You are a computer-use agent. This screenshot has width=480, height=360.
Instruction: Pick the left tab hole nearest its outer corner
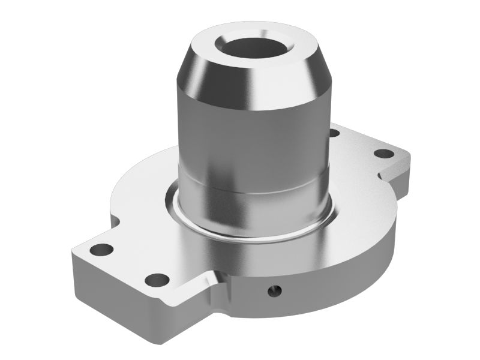pos(101,249)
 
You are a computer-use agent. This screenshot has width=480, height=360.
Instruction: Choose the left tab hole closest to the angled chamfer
pos(157,279)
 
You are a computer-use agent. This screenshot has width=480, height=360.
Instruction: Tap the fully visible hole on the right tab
pos(383,153)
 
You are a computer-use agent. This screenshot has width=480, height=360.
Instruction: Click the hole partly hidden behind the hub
pos(334,133)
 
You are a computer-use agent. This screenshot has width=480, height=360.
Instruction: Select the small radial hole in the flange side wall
pos(274,292)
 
